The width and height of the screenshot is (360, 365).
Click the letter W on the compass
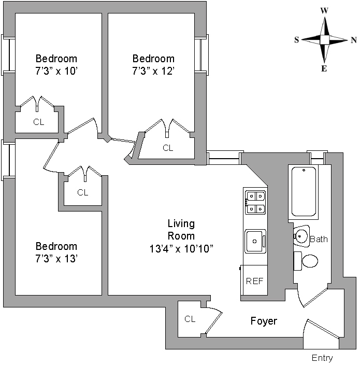pos(325,10)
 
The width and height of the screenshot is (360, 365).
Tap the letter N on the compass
pos(353,40)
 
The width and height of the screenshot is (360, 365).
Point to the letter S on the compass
pos(296,40)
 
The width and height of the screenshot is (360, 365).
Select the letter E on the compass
pos(324,68)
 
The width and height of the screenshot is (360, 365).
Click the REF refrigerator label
pos(254,282)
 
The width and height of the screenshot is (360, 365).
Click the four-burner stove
pos(255,202)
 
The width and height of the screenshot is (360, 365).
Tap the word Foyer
pos(264,321)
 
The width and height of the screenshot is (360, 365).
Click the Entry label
pos(322,358)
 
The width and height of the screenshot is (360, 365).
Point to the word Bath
pos(319,240)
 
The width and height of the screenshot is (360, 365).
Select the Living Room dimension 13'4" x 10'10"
pos(181,248)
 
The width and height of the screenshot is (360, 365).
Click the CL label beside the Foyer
pos(190,319)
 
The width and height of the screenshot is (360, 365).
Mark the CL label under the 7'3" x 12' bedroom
pos(168,148)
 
